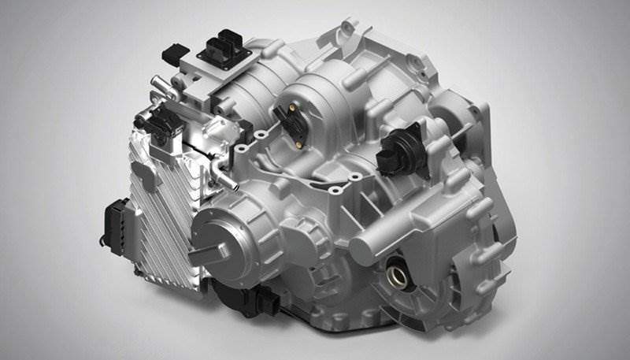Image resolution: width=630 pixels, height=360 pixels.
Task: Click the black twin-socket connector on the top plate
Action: (224, 43)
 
